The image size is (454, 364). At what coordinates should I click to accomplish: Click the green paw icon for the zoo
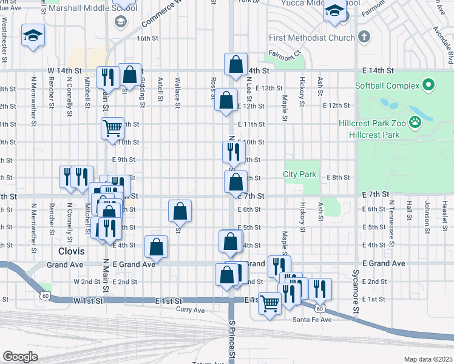[x=415, y=123]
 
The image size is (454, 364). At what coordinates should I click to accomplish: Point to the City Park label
[x=300, y=175]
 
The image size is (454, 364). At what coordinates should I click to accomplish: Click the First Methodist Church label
[x=311, y=38]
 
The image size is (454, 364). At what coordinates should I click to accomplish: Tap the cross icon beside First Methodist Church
[x=364, y=38]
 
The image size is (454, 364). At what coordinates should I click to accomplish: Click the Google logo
[x=20, y=356]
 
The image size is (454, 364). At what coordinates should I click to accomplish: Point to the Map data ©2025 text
[x=428, y=359]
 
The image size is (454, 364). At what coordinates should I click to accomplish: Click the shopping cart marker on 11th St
[x=112, y=128]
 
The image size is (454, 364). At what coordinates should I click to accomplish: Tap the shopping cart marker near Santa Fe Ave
[x=270, y=302]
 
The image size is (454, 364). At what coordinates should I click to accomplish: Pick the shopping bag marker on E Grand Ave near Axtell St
[x=157, y=246]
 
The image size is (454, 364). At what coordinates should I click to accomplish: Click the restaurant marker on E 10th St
[x=231, y=150]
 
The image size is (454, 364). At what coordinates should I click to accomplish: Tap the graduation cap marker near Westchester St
[x=33, y=35]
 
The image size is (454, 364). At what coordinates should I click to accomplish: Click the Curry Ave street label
[x=191, y=310]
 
